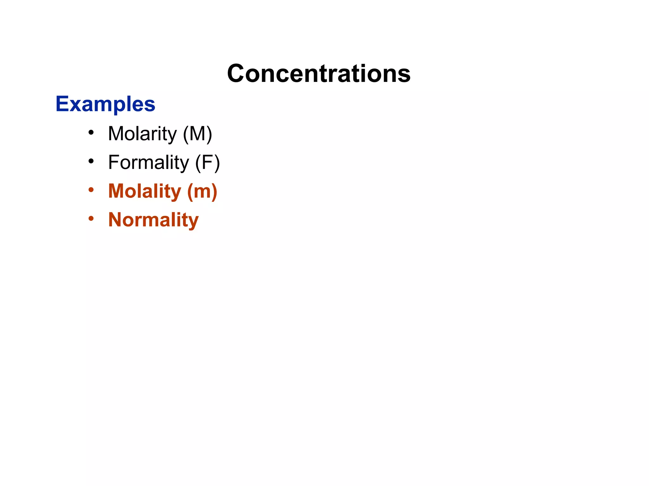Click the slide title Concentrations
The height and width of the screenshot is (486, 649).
point(319,73)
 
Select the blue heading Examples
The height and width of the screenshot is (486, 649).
point(105,104)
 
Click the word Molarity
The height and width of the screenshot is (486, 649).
point(142,134)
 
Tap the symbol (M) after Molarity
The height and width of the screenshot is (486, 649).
point(198,134)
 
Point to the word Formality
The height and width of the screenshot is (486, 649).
point(148,162)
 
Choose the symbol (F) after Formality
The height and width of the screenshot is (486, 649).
point(207,162)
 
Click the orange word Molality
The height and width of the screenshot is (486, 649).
point(145,191)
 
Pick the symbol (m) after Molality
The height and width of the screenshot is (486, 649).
point(202,191)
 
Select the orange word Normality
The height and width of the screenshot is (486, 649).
point(153,220)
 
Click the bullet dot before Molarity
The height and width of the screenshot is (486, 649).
point(91,133)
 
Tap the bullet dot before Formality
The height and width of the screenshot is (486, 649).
point(91,161)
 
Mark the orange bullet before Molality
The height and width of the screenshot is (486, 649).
point(91,190)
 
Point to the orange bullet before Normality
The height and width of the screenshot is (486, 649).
point(91,218)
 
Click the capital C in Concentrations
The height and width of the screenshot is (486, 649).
point(237,73)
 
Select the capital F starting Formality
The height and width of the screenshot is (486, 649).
point(113,162)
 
